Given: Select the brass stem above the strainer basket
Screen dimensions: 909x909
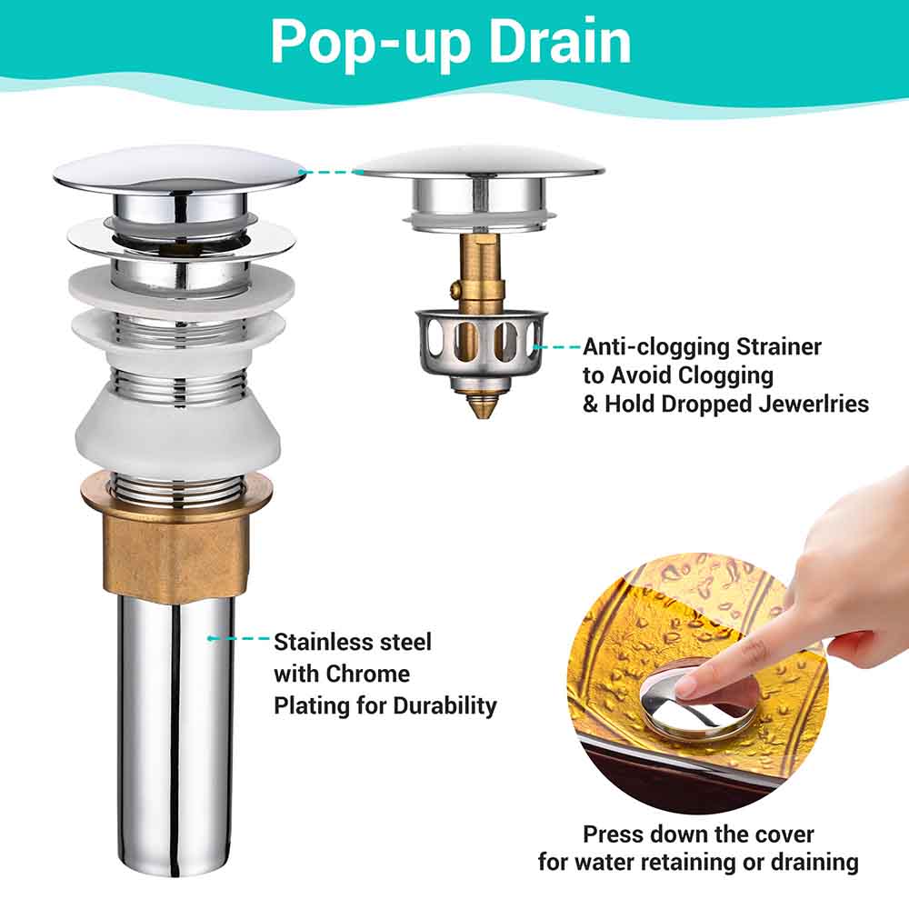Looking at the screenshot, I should [x=479, y=273].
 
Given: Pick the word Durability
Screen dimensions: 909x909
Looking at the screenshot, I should [x=445, y=705].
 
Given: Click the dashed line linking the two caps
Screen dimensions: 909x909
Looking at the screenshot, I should [x=329, y=171].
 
